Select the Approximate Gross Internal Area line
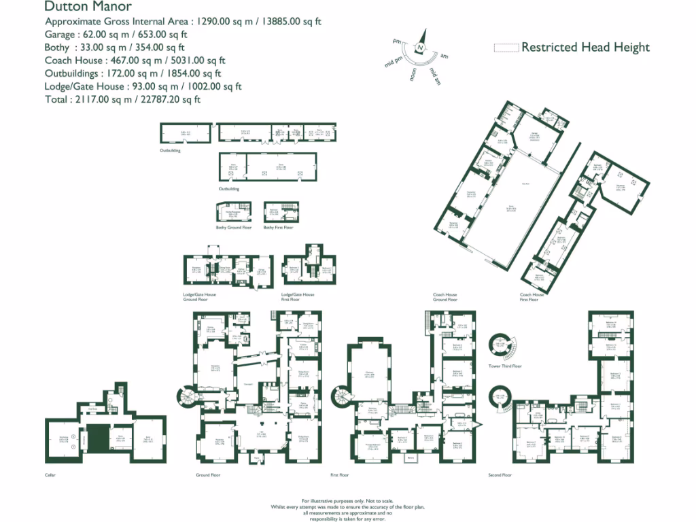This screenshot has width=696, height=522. tap(183, 22)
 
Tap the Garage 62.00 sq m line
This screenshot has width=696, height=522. tap(116, 35)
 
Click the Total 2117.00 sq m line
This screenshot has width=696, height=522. tap(122, 99)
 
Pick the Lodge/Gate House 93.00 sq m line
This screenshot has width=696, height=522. tap(143, 86)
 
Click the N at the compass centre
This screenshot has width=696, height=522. tap(421, 48)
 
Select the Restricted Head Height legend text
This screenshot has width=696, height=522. tap(585, 47)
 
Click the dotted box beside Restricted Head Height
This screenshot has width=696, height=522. tap(505, 48)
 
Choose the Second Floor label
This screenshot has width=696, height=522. tap(500, 475)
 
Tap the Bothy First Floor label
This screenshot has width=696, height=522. tap(279, 228)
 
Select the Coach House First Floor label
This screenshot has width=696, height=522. tap(532, 297)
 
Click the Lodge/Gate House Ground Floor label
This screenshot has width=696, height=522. tap(200, 297)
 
